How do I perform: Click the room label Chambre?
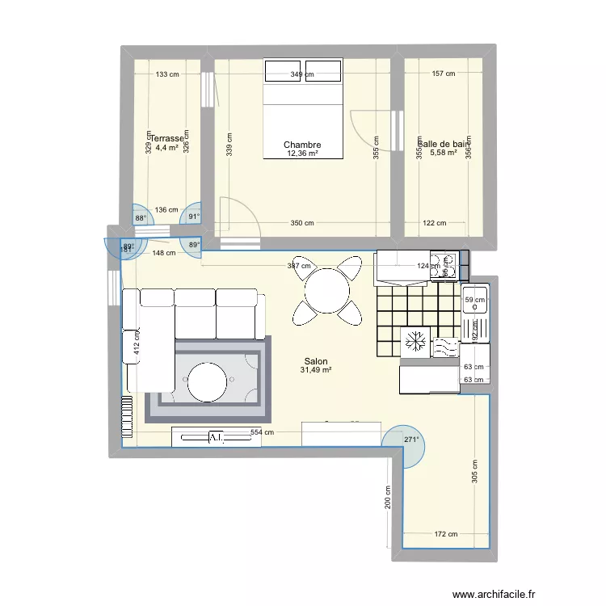tap(302, 145)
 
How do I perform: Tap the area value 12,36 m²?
tap(302, 154)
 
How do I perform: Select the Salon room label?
tap(316, 362)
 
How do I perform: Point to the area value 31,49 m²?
tap(316, 371)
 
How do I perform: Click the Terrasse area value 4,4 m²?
tap(166, 148)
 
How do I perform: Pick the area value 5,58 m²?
tap(444, 153)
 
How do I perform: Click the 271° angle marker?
tap(412, 440)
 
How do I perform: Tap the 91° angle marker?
tap(193, 217)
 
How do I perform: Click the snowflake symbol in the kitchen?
tap(416, 342)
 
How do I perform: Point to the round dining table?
tap(328, 288)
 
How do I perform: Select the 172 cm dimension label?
tap(446, 534)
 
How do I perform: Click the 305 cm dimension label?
tap(474, 471)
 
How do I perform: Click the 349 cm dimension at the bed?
tap(303, 74)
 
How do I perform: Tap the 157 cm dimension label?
tap(444, 74)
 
